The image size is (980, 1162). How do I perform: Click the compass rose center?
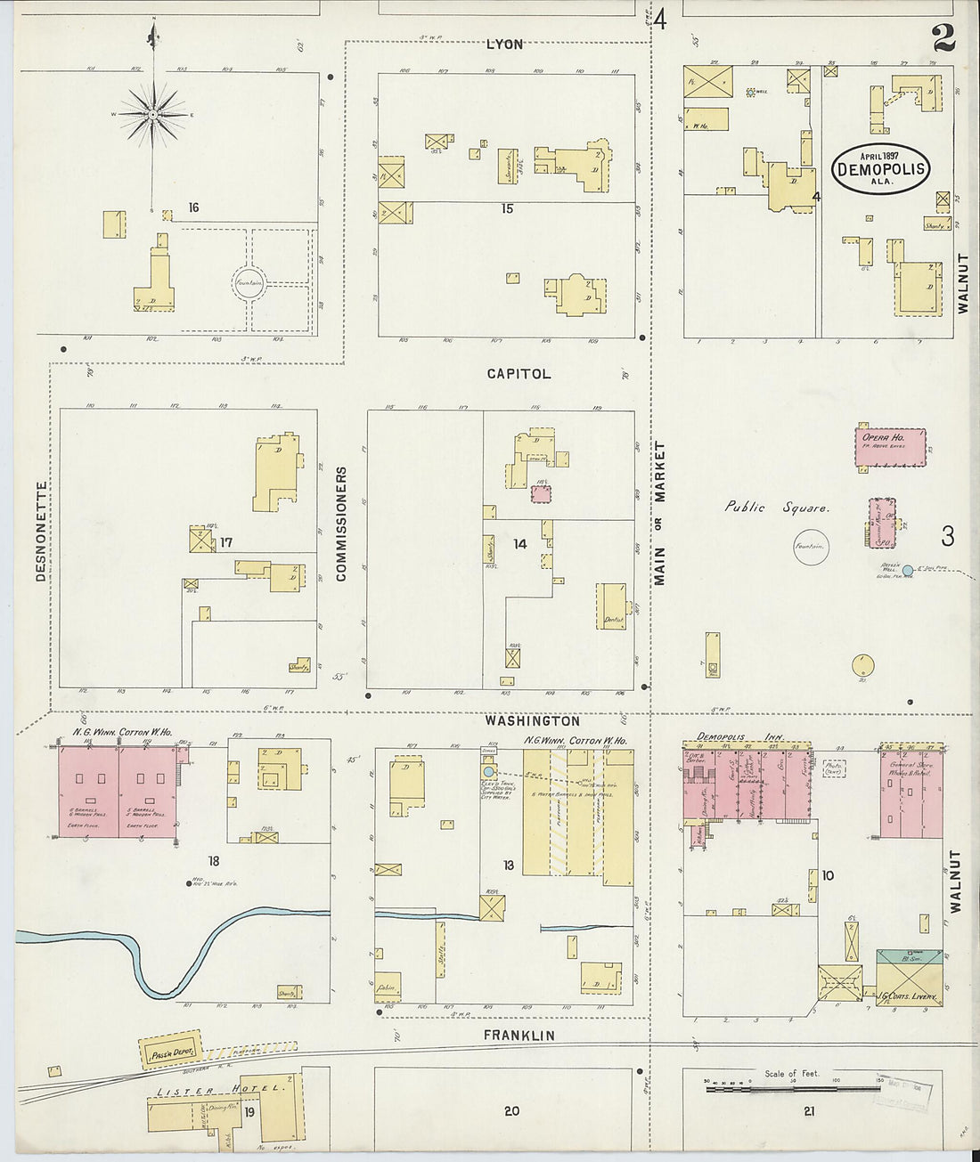tap(153, 115)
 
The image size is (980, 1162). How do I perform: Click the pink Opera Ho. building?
tap(889, 447)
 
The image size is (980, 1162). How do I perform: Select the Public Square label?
tap(777, 508)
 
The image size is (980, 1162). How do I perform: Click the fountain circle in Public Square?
tap(811, 547)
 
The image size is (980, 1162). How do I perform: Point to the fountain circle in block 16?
tap(249, 283)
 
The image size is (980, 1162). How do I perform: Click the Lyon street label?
tap(504, 44)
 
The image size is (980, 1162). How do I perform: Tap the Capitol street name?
tap(519, 374)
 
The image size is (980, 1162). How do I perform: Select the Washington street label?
tap(533, 721)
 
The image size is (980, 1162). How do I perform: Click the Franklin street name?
tap(519, 1036)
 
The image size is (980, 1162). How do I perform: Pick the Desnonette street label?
tap(41, 532)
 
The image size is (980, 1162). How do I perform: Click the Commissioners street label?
tap(341, 524)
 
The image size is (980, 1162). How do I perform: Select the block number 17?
tap(226, 542)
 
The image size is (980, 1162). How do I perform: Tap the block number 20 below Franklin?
tap(511, 1110)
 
